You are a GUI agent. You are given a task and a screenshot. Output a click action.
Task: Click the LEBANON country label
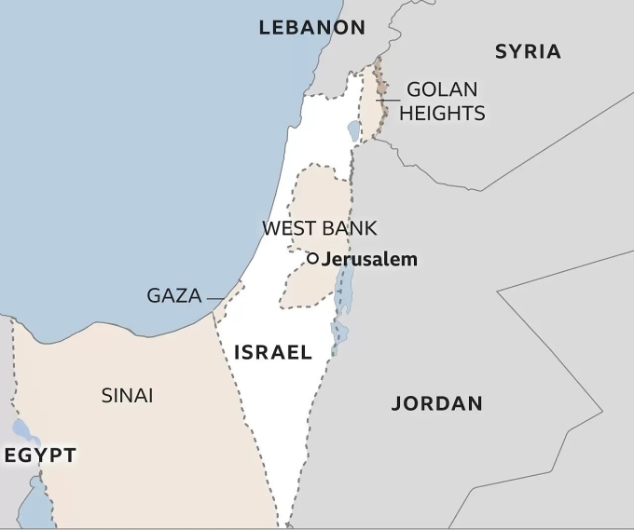[x=311, y=28]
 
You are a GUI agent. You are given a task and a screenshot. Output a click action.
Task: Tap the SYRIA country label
[x=528, y=51]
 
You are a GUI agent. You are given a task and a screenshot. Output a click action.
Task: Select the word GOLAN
[x=442, y=90]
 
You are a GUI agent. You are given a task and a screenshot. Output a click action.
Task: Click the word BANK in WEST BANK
[x=349, y=228]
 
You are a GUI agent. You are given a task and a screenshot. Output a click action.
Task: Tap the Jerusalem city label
[x=370, y=259]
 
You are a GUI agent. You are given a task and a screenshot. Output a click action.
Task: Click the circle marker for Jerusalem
[x=313, y=259]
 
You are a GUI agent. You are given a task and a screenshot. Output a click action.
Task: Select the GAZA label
[x=173, y=296]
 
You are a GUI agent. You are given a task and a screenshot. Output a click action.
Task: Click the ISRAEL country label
[x=272, y=352]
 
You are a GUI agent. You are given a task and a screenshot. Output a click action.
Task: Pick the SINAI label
[x=127, y=395]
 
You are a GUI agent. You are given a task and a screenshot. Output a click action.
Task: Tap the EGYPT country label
[x=39, y=455]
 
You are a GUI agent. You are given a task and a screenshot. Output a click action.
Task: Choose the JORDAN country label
[x=436, y=403]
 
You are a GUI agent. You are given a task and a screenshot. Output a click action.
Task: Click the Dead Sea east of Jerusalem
[x=343, y=289]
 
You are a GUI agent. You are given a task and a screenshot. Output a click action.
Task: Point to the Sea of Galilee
[x=354, y=131]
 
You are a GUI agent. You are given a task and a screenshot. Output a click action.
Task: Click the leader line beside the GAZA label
[x=215, y=298]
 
